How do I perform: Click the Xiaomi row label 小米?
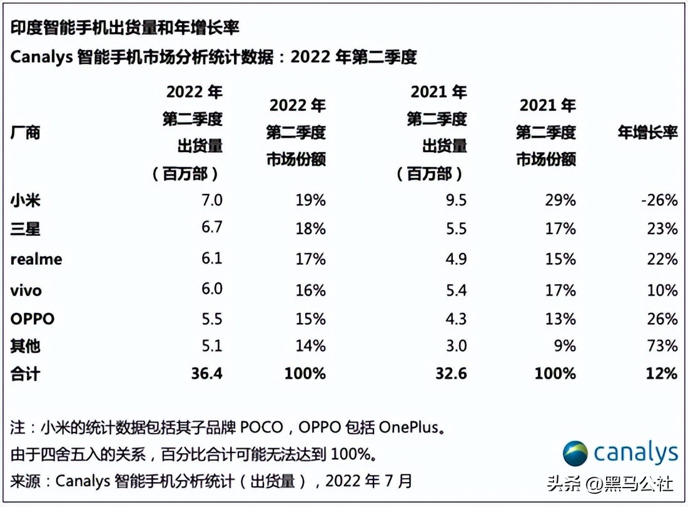tap(26, 201)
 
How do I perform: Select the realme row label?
tap(36, 259)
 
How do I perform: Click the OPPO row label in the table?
tap(33, 319)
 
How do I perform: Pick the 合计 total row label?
tap(26, 374)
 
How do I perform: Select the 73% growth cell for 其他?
tap(662, 346)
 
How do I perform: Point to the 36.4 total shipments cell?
tap(206, 374)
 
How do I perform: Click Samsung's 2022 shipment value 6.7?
tap(212, 227)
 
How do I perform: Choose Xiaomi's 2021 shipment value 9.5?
tap(456, 200)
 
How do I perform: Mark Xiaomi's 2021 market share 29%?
tap(560, 200)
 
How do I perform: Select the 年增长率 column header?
tap(647, 133)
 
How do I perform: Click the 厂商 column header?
tap(26, 133)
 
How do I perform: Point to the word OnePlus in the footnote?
tap(409, 428)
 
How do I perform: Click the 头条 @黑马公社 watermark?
tap(610, 483)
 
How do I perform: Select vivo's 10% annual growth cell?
tap(662, 290)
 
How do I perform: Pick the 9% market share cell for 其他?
tap(564, 346)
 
